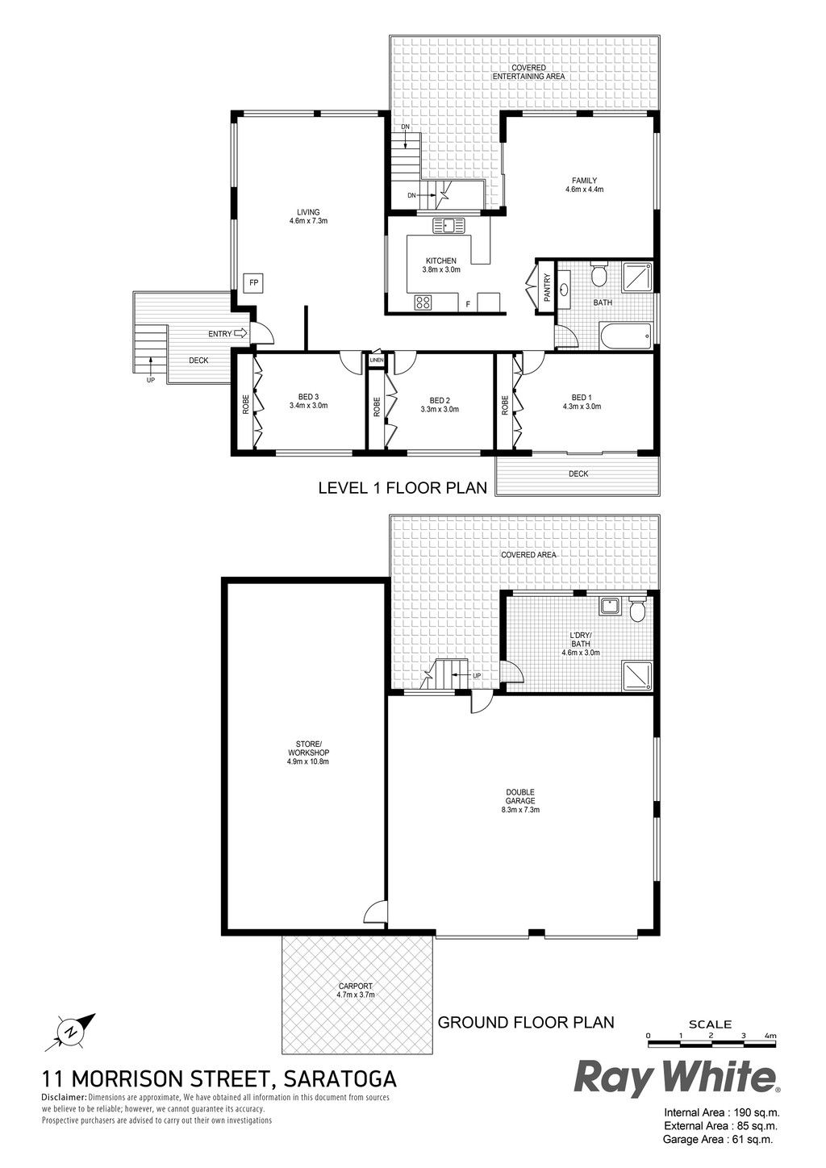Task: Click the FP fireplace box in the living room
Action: coord(254,283)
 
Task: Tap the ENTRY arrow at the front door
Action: coord(241,333)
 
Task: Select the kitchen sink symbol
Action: coord(448,225)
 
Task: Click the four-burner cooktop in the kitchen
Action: coord(423,302)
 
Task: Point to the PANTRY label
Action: coord(547,287)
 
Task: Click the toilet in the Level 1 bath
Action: coord(598,275)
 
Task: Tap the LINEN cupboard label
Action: coord(377,361)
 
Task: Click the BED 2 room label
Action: coord(440,400)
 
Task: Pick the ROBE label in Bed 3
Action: coord(246,404)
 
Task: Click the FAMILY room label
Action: coord(584,181)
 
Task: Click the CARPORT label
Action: coord(356,986)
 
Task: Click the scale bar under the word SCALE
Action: coord(711,1044)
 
